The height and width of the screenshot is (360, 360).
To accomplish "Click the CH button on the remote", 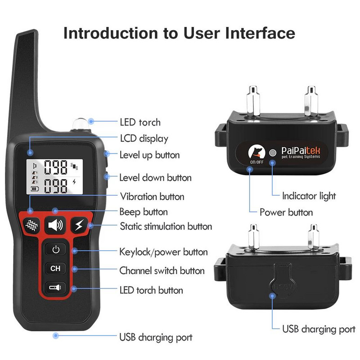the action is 55,268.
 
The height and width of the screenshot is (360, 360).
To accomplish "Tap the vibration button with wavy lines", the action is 31,225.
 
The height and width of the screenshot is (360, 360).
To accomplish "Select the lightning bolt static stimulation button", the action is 79,225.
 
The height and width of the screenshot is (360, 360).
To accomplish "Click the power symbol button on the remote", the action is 55,249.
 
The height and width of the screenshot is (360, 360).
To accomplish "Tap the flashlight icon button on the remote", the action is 55,287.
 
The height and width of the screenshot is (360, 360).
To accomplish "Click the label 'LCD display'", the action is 144,139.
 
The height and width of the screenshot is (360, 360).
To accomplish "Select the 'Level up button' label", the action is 149,155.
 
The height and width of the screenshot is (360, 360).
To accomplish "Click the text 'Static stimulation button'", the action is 166,226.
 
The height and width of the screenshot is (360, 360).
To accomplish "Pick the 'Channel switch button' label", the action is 162,271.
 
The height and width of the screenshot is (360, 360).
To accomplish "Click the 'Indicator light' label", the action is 309,196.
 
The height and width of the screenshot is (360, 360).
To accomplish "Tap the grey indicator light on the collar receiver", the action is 273,153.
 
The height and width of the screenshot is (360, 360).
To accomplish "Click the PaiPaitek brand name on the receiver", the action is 301,151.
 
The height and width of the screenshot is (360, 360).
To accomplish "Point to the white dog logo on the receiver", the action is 256,152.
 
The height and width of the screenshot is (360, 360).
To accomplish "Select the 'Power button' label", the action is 286,212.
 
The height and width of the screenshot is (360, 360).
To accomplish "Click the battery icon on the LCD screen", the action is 35,189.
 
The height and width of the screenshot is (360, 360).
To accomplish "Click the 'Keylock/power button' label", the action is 163,252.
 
